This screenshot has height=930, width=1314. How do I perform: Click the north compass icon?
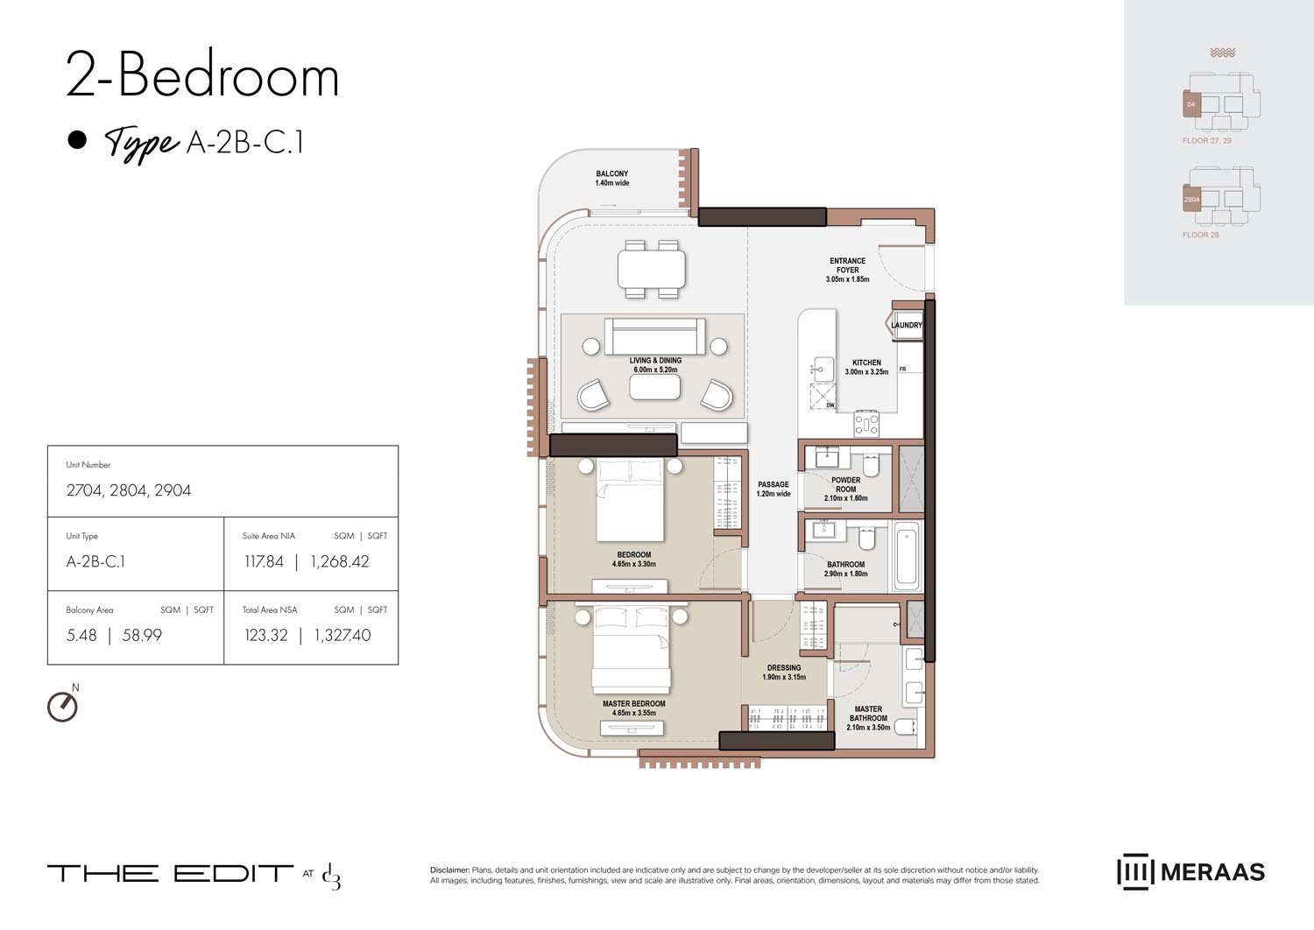(x=62, y=706)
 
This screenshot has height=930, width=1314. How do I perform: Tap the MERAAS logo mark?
(x=1134, y=871)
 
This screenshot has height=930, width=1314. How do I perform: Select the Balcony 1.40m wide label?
(x=611, y=179)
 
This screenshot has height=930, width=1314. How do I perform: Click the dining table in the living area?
(x=652, y=269)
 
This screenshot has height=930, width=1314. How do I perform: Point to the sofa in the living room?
(x=654, y=336)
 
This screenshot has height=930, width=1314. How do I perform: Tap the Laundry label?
(x=907, y=325)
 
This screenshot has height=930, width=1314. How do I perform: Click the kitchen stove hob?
(x=866, y=424)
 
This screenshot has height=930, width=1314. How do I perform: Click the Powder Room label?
(x=845, y=489)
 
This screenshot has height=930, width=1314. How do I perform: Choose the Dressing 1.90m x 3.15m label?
(x=784, y=673)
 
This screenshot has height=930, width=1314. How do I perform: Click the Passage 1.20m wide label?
(x=774, y=489)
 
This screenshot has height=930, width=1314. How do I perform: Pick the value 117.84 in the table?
(x=264, y=561)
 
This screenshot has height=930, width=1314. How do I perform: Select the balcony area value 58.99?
(x=142, y=635)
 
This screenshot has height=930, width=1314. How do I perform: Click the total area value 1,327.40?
(x=342, y=635)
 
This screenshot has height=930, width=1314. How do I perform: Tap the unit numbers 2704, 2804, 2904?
(x=129, y=490)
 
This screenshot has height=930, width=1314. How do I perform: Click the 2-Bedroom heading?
(x=202, y=76)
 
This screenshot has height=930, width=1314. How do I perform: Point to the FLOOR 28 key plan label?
(x=1200, y=235)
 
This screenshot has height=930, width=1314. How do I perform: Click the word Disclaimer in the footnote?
(x=449, y=870)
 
